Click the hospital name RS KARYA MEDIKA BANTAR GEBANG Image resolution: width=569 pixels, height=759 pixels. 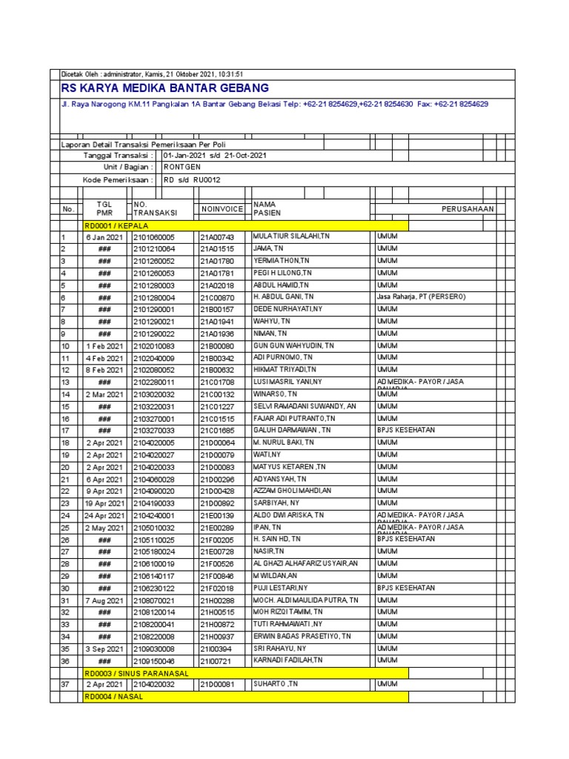coord(164,88)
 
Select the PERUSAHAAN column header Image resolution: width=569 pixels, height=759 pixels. coord(467,209)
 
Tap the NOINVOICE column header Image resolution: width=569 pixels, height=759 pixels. coord(222,210)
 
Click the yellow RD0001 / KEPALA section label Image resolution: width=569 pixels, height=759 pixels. coord(117,225)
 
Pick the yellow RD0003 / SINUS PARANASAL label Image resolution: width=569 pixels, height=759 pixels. coord(136,672)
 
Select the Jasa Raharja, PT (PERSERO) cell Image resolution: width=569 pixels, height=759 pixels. coord(421,296)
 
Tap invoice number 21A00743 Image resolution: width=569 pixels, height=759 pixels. coord(216,236)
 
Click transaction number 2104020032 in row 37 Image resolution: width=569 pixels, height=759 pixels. coord(154,685)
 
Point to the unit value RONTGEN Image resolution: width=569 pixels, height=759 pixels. coord(182,168)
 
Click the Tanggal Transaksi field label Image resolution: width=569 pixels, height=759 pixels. coord(118,156)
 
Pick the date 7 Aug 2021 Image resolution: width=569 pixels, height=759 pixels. coord(104,600)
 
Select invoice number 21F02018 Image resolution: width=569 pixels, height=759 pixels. coord(216,588)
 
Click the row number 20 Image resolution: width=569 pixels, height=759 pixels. coord(64,467)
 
